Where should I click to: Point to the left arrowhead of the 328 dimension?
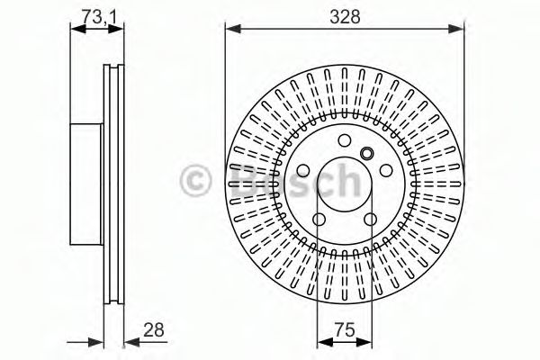pyautogui.click(x=230, y=29)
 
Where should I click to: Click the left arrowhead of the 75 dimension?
pyautogui.click(x=322, y=341)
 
